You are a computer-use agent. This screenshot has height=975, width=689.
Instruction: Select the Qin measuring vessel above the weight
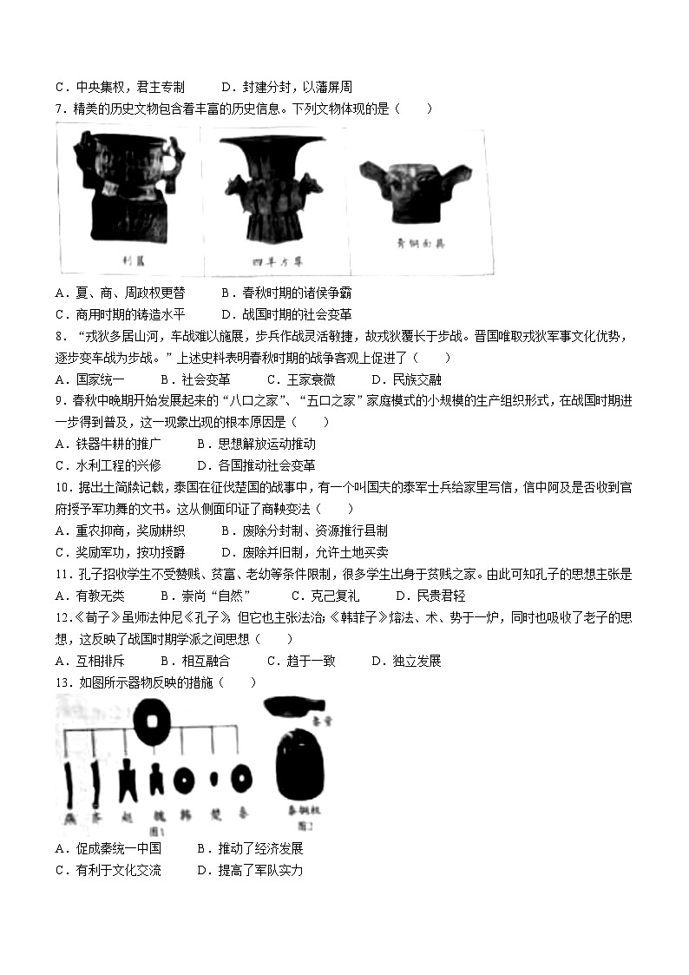291,704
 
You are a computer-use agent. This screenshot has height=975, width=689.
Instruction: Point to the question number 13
64,682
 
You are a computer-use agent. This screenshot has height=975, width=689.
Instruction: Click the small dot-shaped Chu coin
214,779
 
